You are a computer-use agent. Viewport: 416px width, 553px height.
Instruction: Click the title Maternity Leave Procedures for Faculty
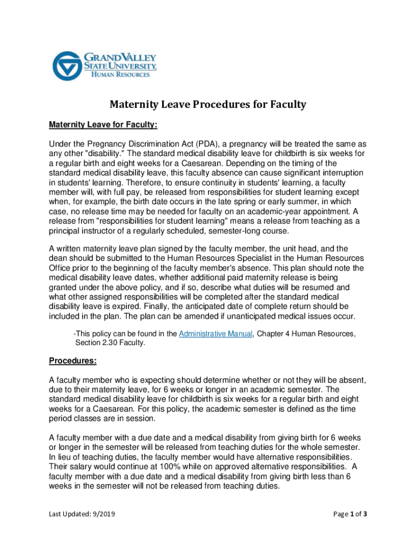point(208,104)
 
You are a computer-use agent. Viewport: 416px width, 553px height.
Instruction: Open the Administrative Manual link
point(215,334)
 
